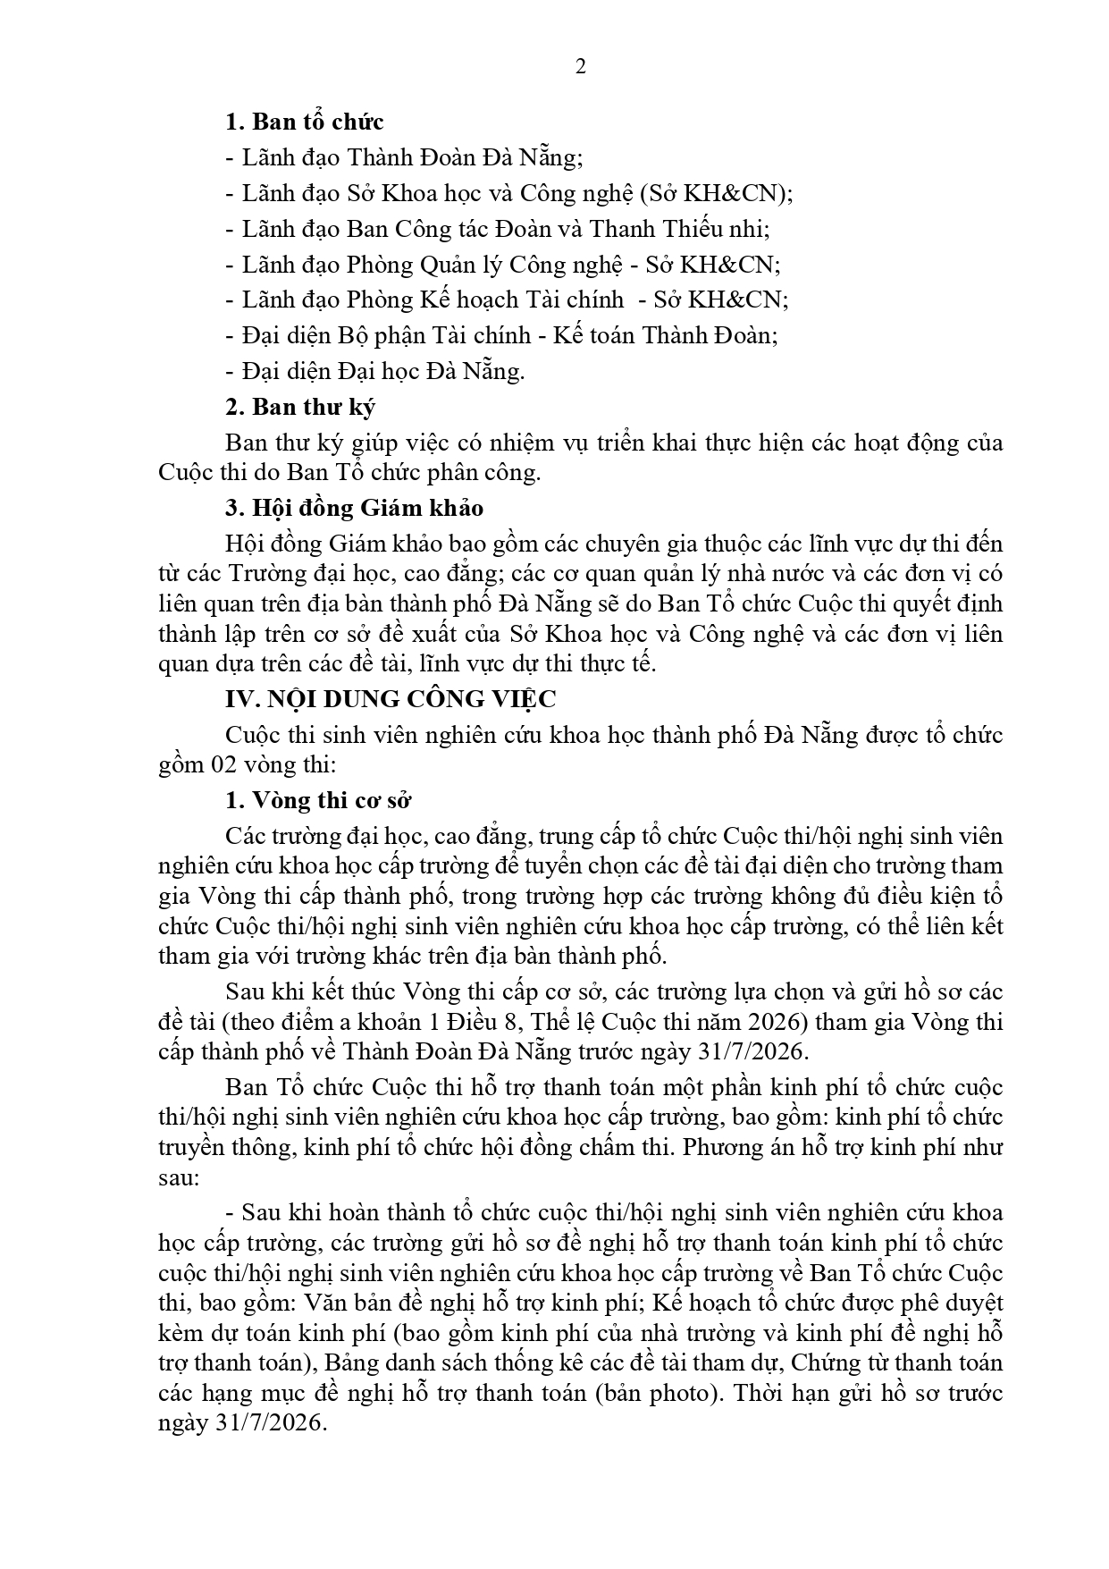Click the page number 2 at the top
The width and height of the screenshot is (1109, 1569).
pos(581,67)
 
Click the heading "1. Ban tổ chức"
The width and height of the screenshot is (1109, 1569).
pos(305,122)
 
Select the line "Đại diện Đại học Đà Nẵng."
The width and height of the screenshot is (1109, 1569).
pos(375,371)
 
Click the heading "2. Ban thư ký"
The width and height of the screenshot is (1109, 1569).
pos(300,407)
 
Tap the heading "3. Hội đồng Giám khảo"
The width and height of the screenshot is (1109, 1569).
pos(355,508)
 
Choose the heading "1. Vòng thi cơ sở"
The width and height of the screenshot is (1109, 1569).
pos(318,800)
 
